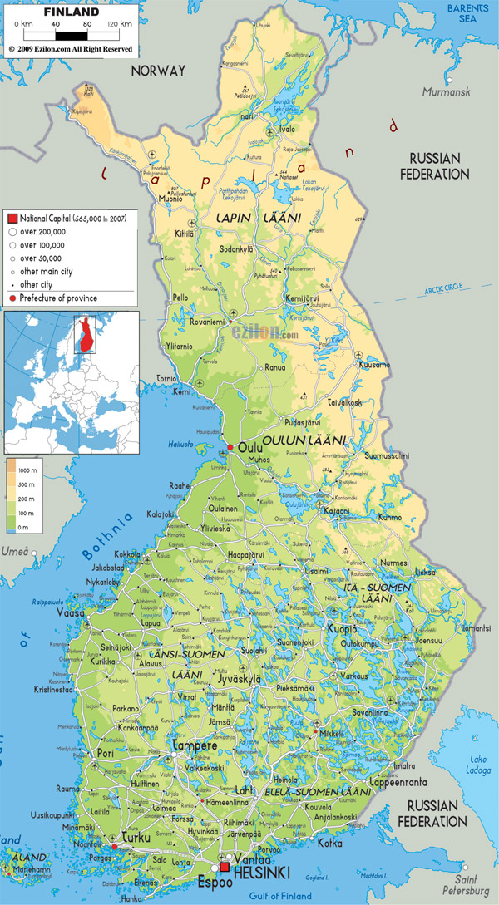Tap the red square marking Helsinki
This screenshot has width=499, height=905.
pyautogui.click(x=225, y=868)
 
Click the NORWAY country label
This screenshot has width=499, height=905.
pyautogui.click(x=158, y=71)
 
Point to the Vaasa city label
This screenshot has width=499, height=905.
pyautogui.click(x=71, y=612)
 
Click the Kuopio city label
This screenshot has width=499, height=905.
pyautogui.click(x=343, y=628)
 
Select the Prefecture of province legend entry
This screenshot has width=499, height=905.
pyautogui.click(x=58, y=298)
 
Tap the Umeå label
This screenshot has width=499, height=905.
pyautogui.click(x=15, y=551)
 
